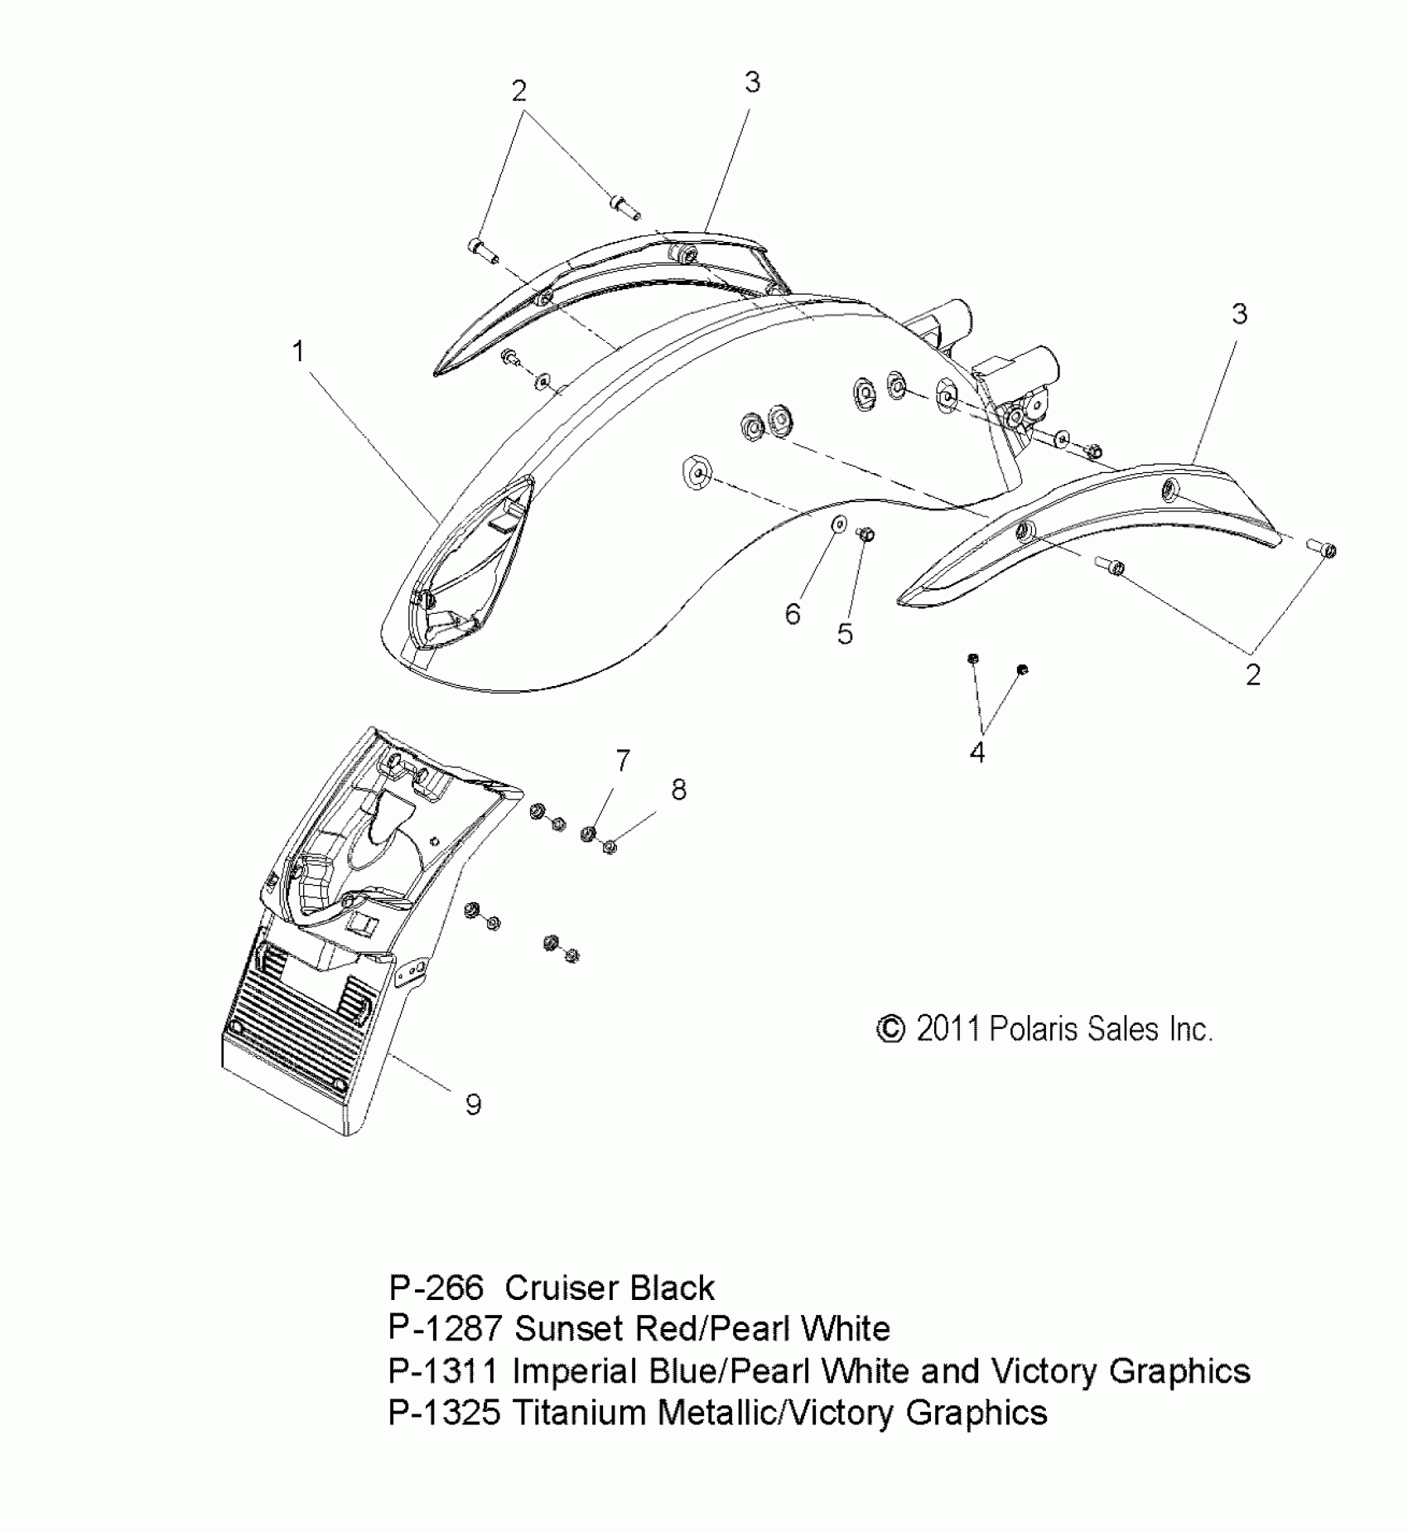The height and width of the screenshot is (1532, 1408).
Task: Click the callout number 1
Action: coord(298,352)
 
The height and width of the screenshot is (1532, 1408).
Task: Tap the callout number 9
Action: coord(473,1104)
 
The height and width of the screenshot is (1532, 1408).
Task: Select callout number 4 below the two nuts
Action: coord(977,752)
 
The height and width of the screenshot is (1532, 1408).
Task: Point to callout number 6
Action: coord(793,614)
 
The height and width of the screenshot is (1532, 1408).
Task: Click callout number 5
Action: coord(845,634)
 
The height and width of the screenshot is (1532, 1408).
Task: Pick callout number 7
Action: coord(623,760)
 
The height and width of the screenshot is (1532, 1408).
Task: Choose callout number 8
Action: coord(679,790)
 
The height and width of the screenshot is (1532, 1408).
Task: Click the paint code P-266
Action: coord(436,1288)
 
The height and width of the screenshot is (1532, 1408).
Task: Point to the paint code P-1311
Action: coord(444,1370)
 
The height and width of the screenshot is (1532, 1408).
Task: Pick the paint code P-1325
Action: coord(445,1412)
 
